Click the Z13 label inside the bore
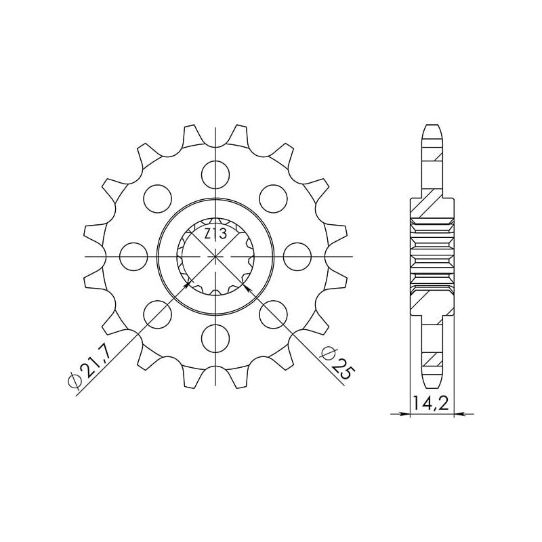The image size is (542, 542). click(215, 234)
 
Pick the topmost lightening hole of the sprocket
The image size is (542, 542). click(215, 175)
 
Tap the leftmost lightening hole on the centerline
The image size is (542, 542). click(133, 257)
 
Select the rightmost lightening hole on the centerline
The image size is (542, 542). click(297, 257)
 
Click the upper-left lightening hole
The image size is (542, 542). click(157, 199)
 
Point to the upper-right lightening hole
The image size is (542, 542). click(274, 199)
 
